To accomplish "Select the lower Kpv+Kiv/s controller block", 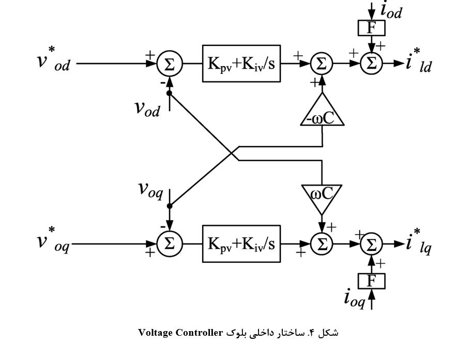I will click(241, 244).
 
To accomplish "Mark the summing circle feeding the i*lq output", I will click(371, 244).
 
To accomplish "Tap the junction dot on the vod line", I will click(169, 92).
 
